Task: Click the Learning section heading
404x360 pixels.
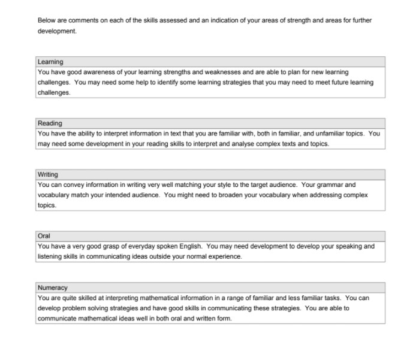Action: click(x=50, y=62)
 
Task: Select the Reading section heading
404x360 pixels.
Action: click(x=50, y=123)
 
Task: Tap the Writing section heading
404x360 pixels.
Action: click(x=48, y=174)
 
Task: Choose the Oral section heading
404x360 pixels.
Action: click(x=44, y=236)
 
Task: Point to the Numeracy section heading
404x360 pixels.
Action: click(x=53, y=288)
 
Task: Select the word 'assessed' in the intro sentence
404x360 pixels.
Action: click(x=167, y=20)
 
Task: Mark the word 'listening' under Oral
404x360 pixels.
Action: click(x=49, y=256)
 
